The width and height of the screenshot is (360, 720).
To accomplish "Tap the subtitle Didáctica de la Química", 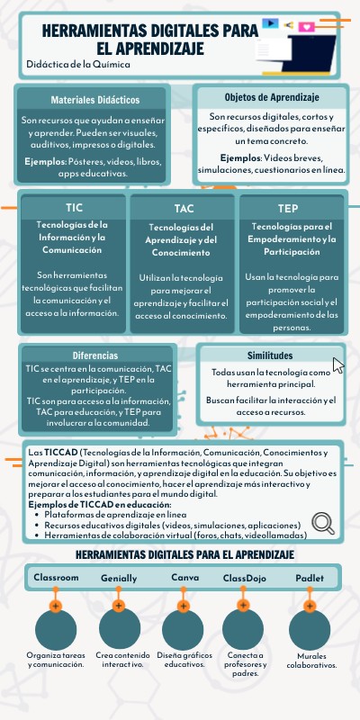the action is pyautogui.click(x=78, y=65).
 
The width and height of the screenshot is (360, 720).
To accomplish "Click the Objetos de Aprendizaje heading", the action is pyautogui.click(x=272, y=97).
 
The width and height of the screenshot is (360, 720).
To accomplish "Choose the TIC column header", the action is pyautogui.click(x=74, y=208).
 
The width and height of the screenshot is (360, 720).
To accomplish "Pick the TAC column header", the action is pyautogui.click(x=184, y=209).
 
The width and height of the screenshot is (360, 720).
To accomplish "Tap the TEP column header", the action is pyautogui.click(x=289, y=208).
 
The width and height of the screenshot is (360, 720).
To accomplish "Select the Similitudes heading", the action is pyautogui.click(x=270, y=355).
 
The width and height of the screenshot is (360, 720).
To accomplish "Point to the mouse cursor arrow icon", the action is pyautogui.click(x=338, y=364).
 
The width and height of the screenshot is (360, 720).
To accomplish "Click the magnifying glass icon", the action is pyautogui.click(x=323, y=523).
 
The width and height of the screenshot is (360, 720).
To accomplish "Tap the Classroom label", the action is pyautogui.click(x=56, y=577).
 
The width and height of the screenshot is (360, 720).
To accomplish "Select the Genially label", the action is pyautogui.click(x=119, y=578).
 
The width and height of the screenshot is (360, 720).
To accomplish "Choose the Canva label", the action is pyautogui.click(x=184, y=577).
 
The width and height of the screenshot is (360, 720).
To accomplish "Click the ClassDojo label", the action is pyautogui.click(x=245, y=577).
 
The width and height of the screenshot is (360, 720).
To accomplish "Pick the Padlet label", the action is pyautogui.click(x=309, y=577).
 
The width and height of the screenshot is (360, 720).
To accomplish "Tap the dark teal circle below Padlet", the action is pyautogui.click(x=310, y=628).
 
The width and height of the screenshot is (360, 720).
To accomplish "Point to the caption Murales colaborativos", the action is pyautogui.click(x=311, y=661).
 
